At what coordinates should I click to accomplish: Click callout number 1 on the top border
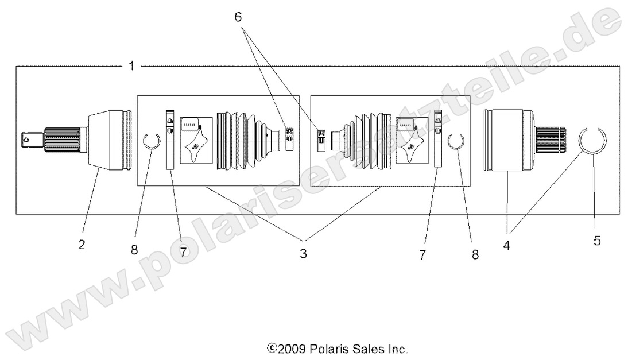tap(131, 65)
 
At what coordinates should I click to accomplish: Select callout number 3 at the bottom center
tap(303, 253)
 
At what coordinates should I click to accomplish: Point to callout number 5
tap(597, 241)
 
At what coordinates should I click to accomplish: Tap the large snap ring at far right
tap(593, 140)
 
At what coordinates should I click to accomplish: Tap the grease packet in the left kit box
tap(196, 141)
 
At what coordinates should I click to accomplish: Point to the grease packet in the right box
tap(412, 141)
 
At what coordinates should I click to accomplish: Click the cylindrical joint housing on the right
tap(506, 140)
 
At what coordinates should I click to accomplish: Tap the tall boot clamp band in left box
tap(169, 140)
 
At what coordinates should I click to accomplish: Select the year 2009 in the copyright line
tap(293, 349)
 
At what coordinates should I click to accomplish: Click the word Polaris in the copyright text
tap(328, 349)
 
